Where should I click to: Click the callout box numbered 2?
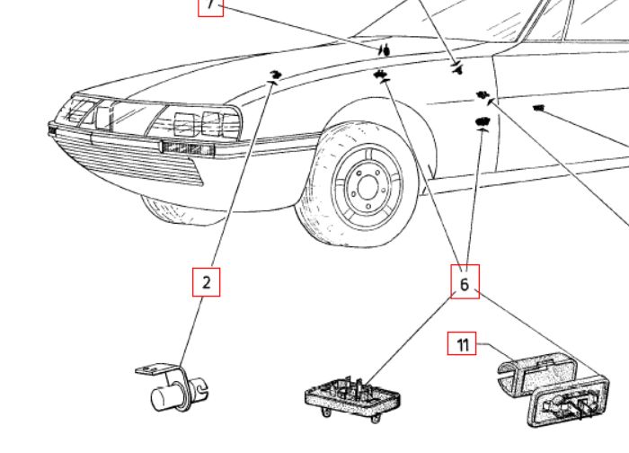coord(207,282)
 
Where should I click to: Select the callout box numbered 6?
coord(465,282)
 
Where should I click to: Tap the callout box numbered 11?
coord(462,344)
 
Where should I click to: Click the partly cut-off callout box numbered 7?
coord(210,6)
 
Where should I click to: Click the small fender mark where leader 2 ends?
coord(275,74)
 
